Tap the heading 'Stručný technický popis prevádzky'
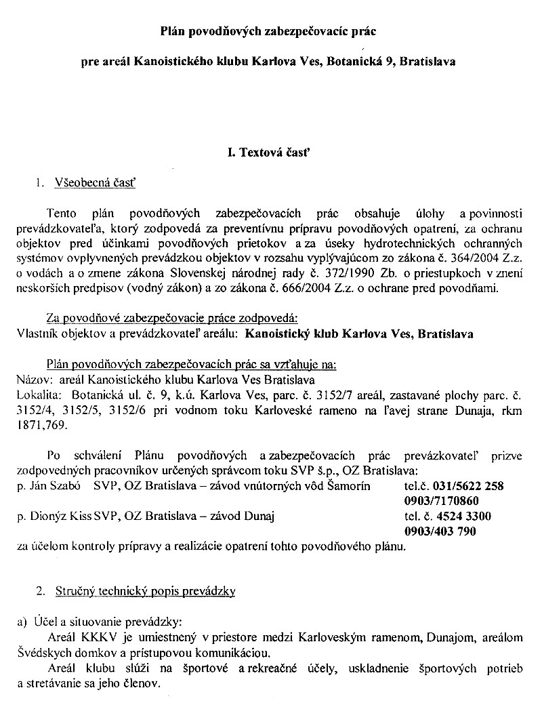pyautogui.click(x=145, y=592)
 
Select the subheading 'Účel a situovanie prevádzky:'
pyautogui.click(x=106, y=622)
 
